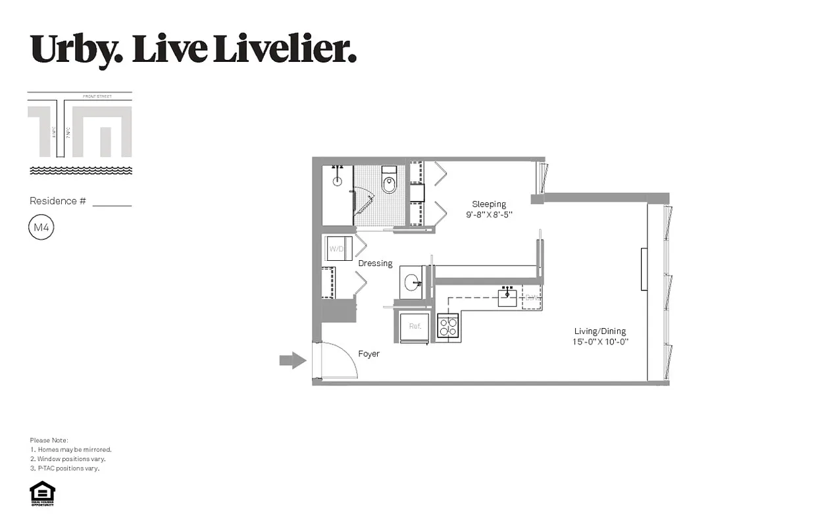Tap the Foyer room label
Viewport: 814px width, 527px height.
(369, 354)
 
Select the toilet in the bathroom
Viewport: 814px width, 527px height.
(389, 182)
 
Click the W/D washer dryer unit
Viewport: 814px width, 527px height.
(337, 249)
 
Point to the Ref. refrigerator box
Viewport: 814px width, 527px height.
(415, 326)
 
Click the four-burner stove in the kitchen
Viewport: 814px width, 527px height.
(448, 326)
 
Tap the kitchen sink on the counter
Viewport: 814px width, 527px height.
(507, 298)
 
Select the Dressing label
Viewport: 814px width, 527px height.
(375, 263)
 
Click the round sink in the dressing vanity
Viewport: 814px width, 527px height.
(412, 283)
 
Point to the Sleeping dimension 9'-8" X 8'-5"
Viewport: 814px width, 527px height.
(488, 215)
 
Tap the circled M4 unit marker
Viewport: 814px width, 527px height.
(41, 228)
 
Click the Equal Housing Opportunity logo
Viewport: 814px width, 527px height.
(42, 493)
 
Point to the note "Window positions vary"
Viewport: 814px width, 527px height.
(71, 459)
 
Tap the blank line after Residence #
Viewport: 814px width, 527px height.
(112, 204)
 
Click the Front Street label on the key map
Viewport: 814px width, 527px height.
(97, 97)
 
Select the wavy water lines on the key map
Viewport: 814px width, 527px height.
(80, 171)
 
